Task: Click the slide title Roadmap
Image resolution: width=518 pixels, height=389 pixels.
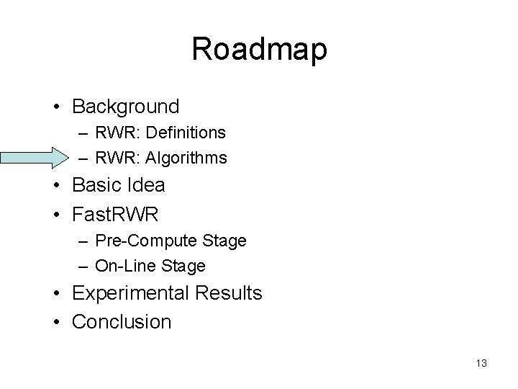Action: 259,49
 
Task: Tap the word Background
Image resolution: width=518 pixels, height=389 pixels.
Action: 126,107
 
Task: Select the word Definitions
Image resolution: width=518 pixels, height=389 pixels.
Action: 190,133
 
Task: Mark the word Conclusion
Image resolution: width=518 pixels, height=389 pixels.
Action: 122,321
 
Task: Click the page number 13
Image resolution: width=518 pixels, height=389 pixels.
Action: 481,363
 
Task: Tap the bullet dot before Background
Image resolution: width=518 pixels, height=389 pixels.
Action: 56,107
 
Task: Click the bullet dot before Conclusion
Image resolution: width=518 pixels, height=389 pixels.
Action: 56,322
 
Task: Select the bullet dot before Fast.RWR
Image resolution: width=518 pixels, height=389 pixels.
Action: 56,214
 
